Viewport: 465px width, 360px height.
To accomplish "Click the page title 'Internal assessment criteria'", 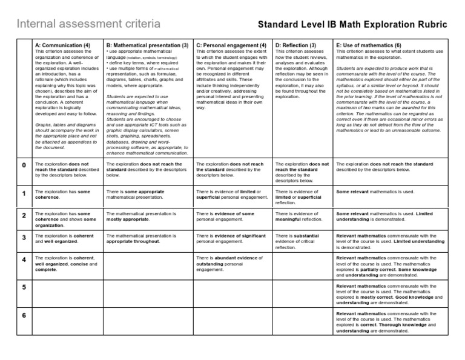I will (88, 24).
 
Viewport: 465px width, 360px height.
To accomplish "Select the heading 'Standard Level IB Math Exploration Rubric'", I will (353, 25).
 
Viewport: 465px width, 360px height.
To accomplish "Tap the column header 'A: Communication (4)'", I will (63, 45).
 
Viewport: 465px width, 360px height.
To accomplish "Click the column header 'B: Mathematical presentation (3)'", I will (147, 45).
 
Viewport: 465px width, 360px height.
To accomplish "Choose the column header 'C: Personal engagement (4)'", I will (231, 45).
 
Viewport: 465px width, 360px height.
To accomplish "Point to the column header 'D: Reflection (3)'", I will (296, 45).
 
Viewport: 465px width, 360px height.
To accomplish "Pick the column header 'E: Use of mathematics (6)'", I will (369, 45).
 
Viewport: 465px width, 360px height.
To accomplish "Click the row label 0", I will (24, 165).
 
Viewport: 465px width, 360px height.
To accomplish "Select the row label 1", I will (24, 193).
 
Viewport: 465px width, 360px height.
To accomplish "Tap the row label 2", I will (24, 215).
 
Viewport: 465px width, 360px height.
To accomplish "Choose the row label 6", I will (24, 316).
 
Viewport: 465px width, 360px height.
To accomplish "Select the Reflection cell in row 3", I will (302, 241).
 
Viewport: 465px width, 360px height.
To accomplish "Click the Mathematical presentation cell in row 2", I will (148, 216).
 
